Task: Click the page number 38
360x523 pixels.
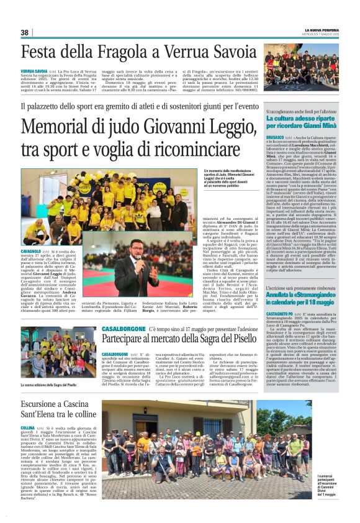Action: tap(25, 32)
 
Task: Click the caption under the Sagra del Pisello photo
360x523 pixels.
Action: tap(49, 386)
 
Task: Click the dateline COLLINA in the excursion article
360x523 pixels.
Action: tap(28, 428)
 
